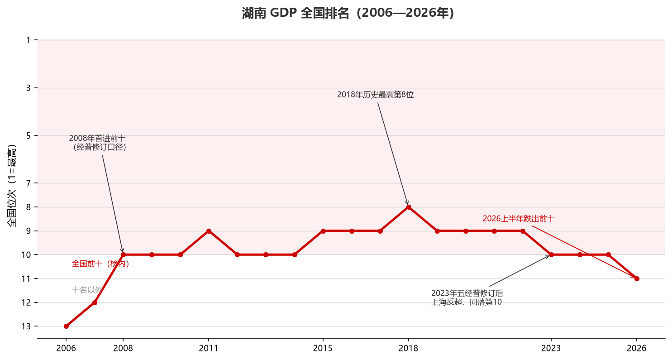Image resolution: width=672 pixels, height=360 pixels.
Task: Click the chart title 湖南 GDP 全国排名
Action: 295,13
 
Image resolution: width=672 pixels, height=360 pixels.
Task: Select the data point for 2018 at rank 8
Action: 409,207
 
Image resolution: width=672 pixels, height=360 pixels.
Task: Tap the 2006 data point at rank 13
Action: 67,326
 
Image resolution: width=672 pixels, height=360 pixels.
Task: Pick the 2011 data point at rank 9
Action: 209,231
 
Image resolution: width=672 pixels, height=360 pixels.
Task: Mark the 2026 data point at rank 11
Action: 637,278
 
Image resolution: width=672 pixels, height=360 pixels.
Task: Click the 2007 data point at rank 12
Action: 95,302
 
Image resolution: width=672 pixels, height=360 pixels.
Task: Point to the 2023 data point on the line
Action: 551,255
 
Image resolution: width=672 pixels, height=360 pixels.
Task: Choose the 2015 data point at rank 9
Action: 323,231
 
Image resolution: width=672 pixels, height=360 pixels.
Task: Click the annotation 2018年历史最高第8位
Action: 375,95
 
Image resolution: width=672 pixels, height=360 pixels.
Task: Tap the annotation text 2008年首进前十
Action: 97,139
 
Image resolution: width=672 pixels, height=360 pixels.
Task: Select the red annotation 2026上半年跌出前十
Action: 519,219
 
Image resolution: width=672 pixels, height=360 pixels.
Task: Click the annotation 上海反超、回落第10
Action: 467,302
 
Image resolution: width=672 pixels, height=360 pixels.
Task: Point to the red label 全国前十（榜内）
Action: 100,264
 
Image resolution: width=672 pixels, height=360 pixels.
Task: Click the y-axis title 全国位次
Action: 12,208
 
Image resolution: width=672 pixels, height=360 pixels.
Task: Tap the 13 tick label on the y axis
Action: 26,326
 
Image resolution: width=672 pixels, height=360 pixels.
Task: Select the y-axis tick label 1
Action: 29,40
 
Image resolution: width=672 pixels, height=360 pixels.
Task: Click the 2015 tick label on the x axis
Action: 323,348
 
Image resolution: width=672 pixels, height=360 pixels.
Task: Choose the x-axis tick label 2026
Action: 637,348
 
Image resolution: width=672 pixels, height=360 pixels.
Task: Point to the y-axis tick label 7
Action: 29,183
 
